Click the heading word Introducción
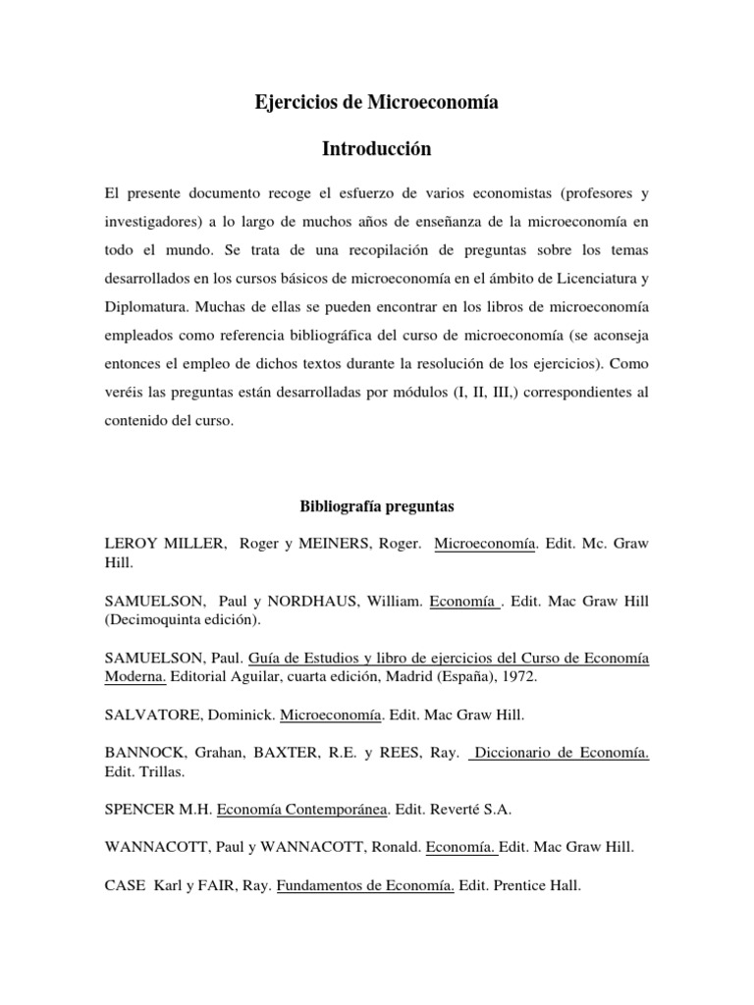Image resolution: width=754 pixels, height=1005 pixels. [x=377, y=149]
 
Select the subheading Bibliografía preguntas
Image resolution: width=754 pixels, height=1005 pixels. [x=376, y=507]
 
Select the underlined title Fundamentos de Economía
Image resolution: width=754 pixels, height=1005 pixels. [x=365, y=885]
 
